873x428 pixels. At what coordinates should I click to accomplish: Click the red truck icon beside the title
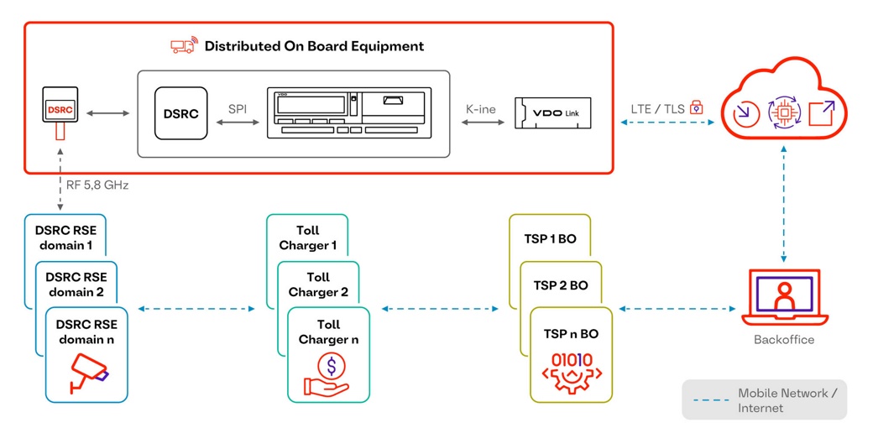point(182,46)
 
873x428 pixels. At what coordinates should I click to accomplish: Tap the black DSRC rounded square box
point(180,113)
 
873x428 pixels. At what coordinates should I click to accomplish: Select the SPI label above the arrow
point(238,108)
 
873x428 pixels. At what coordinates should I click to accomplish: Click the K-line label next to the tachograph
point(480,109)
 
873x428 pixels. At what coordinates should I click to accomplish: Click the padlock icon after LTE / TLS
point(696,108)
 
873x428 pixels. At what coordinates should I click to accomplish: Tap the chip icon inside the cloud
point(782,112)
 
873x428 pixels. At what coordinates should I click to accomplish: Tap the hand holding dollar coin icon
point(327,374)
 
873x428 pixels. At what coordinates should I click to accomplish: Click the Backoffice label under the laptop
point(784,340)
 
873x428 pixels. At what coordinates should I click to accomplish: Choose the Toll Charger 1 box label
point(307,237)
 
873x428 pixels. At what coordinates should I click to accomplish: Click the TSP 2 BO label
point(561,285)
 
